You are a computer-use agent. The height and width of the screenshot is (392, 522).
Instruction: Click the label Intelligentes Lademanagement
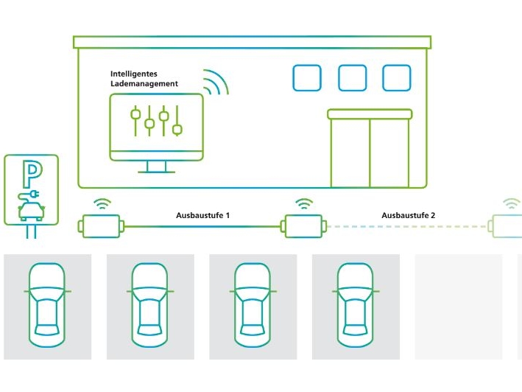pyautogui.click(x=144, y=79)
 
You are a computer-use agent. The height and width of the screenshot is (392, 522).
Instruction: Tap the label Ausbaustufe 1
pyautogui.click(x=203, y=215)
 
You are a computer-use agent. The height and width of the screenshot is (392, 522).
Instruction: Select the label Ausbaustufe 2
pyautogui.click(x=409, y=215)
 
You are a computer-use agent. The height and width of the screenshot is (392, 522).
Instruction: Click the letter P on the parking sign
pyautogui.click(x=32, y=175)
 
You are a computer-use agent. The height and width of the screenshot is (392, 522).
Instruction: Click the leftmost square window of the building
pyautogui.click(x=307, y=78)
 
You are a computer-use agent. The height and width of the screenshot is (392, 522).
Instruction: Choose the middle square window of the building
pyautogui.click(x=352, y=78)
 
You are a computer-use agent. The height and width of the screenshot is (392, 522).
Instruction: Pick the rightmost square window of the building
pyautogui.click(x=396, y=78)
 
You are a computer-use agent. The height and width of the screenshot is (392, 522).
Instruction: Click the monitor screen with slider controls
pyautogui.click(x=156, y=122)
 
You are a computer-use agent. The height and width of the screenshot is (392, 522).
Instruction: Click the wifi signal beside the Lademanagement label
pyautogui.click(x=214, y=83)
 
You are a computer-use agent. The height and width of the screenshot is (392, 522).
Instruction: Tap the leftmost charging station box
pyautogui.click(x=102, y=225)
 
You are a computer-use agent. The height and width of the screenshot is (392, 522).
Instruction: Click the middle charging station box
pyautogui.click(x=303, y=225)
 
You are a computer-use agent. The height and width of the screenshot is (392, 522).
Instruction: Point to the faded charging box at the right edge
pyautogui.click(x=508, y=225)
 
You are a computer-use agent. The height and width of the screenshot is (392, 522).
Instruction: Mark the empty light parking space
pyautogui.click(x=459, y=307)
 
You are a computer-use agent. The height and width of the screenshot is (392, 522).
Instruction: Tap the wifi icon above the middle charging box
pyautogui.click(x=303, y=203)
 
